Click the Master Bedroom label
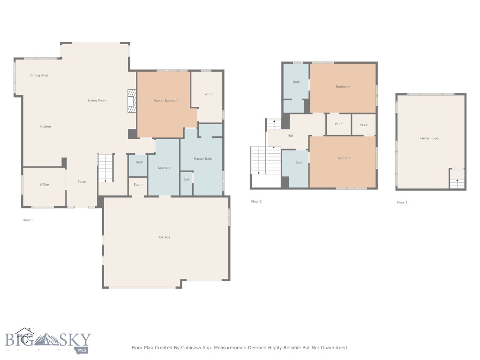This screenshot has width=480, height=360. coord(166,101)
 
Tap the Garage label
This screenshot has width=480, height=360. coord(165,237)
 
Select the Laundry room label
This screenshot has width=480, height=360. coord(164,167)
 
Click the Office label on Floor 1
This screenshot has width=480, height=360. coord(45,185)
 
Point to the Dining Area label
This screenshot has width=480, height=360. coord(39,75)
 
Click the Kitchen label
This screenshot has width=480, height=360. coord(45,127)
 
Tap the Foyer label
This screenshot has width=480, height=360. coord(82,181)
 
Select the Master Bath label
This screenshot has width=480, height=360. coord(203,159)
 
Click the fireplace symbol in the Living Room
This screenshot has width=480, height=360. coord(132,101)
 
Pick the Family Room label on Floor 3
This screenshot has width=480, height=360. coord(429,138)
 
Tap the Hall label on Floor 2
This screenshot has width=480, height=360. coord(291,135)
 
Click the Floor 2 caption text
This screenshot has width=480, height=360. coord(256,202)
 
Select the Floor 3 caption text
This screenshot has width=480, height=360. coord(402,202)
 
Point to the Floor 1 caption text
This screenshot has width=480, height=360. coord(28,220)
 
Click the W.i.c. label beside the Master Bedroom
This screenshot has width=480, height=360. coord(209,94)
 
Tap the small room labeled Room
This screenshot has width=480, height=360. coord(138,185)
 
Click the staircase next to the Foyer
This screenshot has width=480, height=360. coord(106,168)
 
